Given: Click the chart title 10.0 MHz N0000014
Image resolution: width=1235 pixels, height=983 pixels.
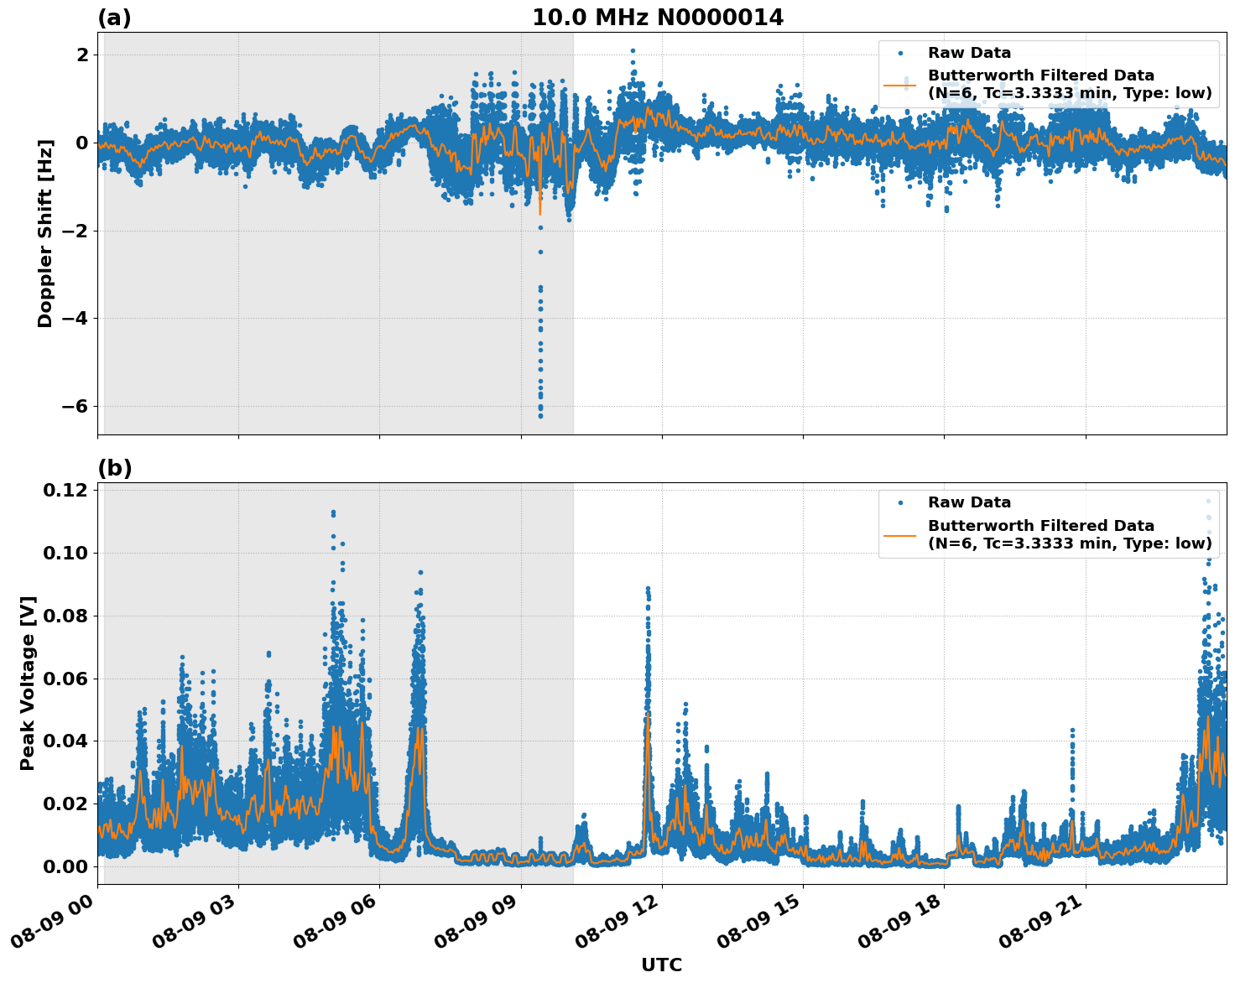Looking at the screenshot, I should (658, 18).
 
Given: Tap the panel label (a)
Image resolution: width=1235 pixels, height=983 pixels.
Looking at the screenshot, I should (114, 18).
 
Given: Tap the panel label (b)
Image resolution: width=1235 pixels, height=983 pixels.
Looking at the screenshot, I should (115, 468).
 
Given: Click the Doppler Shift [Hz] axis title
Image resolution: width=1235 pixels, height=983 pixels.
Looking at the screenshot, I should (45, 233).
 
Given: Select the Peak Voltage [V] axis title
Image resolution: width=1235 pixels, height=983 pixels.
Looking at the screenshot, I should (28, 684).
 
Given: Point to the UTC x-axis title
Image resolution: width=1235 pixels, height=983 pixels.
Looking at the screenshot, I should (661, 965).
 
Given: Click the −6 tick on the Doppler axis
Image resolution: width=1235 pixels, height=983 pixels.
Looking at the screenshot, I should (76, 406).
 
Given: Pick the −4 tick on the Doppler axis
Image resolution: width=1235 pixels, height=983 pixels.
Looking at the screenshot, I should (76, 318).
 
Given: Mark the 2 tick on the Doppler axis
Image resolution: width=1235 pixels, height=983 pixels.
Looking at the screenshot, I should (82, 55).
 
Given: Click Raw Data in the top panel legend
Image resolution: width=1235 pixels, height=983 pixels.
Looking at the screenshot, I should (969, 53).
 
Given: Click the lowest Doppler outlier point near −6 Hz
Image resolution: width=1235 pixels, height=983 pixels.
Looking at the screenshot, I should (540, 416).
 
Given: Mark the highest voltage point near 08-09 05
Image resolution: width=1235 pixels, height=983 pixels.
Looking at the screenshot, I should (333, 512).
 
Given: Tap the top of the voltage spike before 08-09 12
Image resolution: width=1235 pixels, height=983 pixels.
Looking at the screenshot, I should (647, 589).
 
